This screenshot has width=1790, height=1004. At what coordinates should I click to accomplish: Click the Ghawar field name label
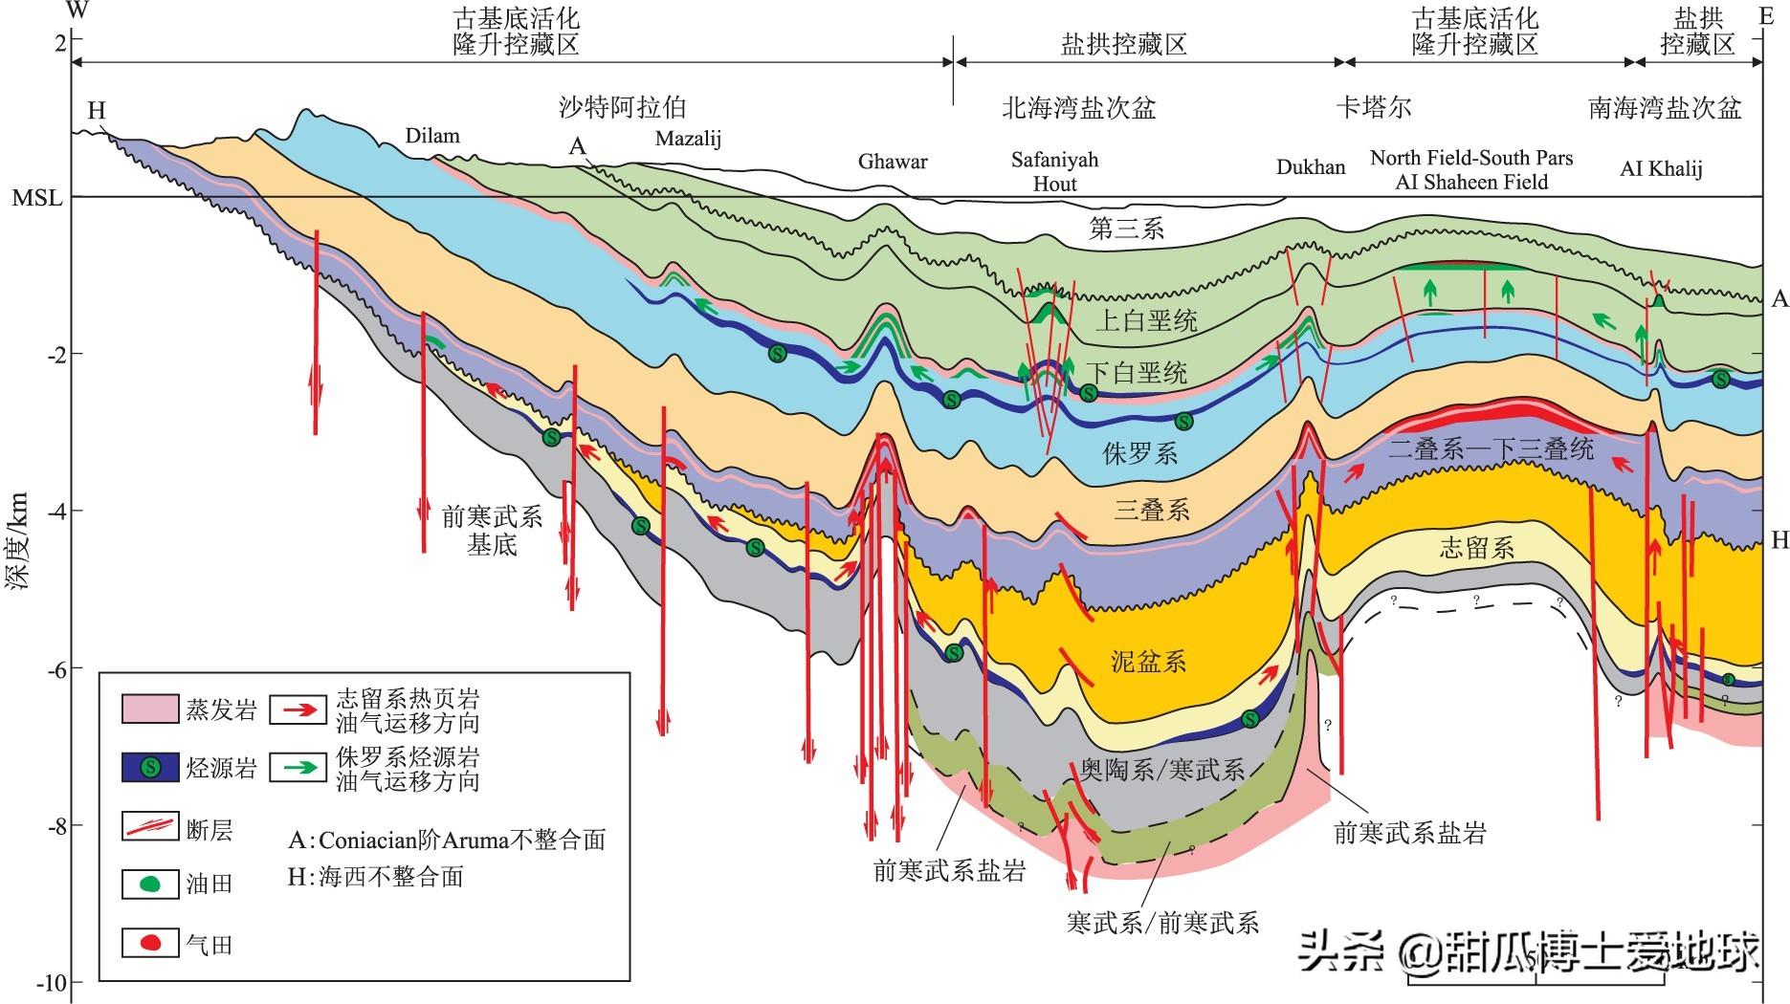click(892, 162)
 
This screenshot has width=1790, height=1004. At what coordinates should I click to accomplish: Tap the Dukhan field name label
click(1310, 167)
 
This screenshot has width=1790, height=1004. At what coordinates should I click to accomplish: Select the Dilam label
click(431, 136)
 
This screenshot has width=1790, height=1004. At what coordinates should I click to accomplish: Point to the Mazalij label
click(688, 139)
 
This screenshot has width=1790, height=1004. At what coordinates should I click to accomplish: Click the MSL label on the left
click(36, 198)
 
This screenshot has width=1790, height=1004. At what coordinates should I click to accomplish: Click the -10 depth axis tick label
click(50, 983)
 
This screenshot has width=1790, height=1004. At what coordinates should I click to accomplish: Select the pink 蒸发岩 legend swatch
click(149, 709)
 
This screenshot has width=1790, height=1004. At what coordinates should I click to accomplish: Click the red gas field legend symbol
click(150, 944)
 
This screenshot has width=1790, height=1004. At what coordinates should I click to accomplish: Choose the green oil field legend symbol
click(150, 884)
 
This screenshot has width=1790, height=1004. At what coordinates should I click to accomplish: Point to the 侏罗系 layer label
click(1139, 453)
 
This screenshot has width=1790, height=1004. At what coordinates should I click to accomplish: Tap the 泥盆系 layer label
click(1148, 662)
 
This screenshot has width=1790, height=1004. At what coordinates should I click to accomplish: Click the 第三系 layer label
click(1126, 229)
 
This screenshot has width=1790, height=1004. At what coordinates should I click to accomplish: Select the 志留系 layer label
click(1476, 548)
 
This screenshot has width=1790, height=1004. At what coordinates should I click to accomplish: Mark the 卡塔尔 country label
click(1374, 107)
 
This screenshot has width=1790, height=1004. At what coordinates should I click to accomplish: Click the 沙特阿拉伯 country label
click(622, 107)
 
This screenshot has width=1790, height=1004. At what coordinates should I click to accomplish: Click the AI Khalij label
click(1660, 169)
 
